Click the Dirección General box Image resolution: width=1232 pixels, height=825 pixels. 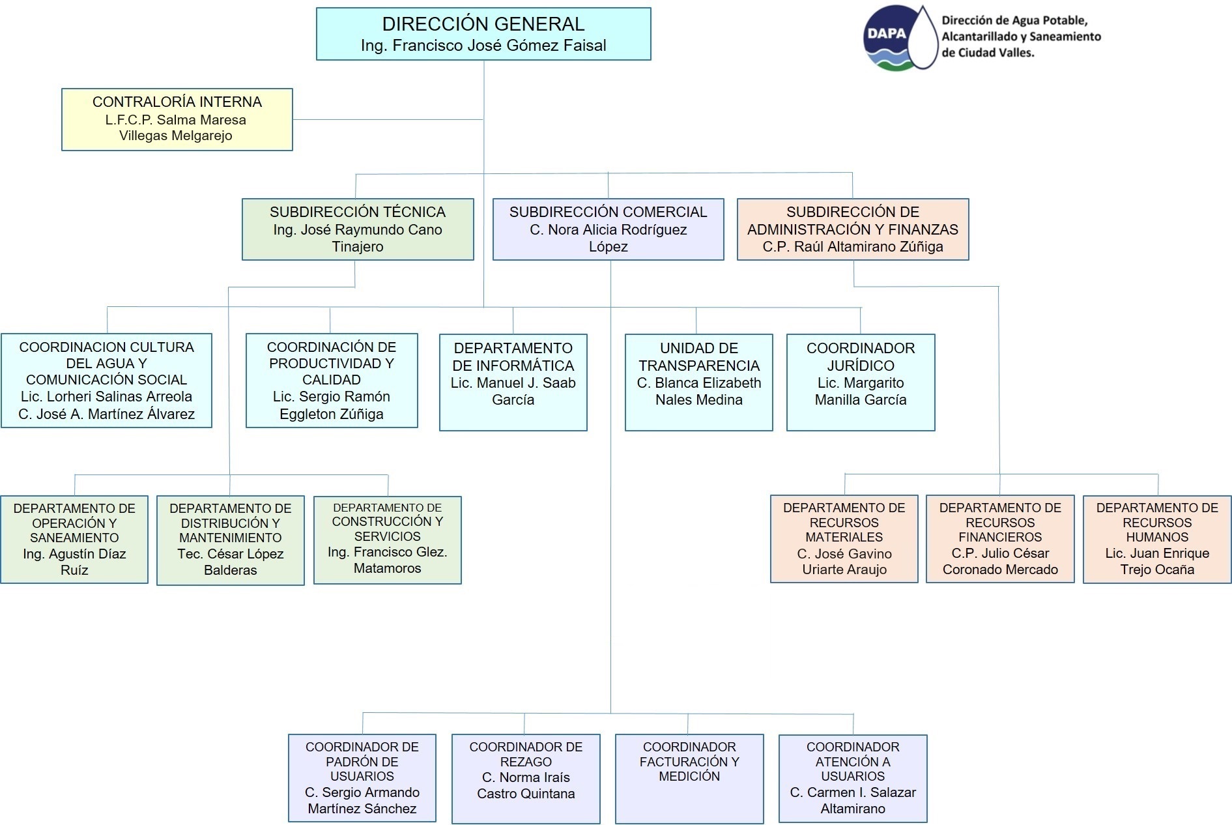[x=483, y=34]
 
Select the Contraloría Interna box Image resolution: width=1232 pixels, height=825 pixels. [x=177, y=119]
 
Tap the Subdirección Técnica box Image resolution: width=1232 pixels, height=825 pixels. [x=357, y=229]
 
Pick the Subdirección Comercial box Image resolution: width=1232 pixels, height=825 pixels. [x=608, y=229]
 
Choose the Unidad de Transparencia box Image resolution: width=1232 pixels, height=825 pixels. [x=698, y=382]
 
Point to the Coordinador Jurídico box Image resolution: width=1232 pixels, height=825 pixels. [x=860, y=382]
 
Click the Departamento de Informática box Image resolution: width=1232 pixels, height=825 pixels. [x=513, y=382]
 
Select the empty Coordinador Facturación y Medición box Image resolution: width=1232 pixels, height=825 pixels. [x=689, y=779]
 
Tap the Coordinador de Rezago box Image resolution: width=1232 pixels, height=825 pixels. [x=525, y=779]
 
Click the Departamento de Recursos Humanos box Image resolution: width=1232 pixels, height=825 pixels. [x=1156, y=538]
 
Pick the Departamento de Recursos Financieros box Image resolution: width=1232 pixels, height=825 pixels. [x=999, y=538]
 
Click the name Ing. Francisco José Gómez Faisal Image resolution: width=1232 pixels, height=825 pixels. [x=483, y=46]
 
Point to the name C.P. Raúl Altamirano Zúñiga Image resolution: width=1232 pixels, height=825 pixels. [x=852, y=247]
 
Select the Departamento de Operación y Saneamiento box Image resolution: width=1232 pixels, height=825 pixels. [x=74, y=539]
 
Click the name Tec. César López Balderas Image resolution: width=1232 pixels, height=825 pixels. [x=230, y=562]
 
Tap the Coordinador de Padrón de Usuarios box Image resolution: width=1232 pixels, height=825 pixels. [x=362, y=778]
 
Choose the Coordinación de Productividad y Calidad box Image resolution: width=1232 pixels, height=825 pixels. [x=331, y=381]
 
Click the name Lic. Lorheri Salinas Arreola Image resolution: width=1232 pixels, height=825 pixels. [x=106, y=397]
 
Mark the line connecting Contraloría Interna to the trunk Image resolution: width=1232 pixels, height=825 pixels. [x=388, y=119]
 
